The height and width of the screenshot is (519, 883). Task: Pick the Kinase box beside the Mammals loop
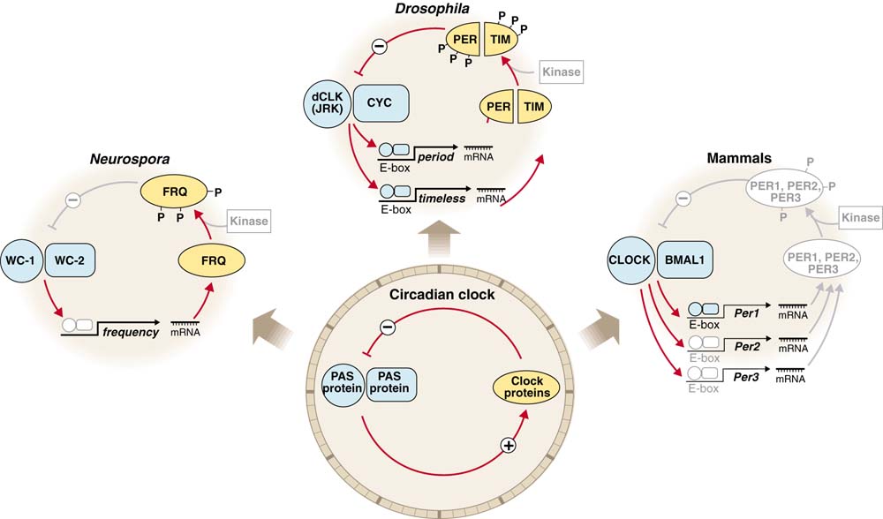pyautogui.click(x=860, y=217)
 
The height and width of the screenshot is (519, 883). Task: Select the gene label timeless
pyautogui.click(x=444, y=199)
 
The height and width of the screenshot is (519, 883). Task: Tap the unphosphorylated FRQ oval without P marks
pyautogui.click(x=211, y=262)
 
